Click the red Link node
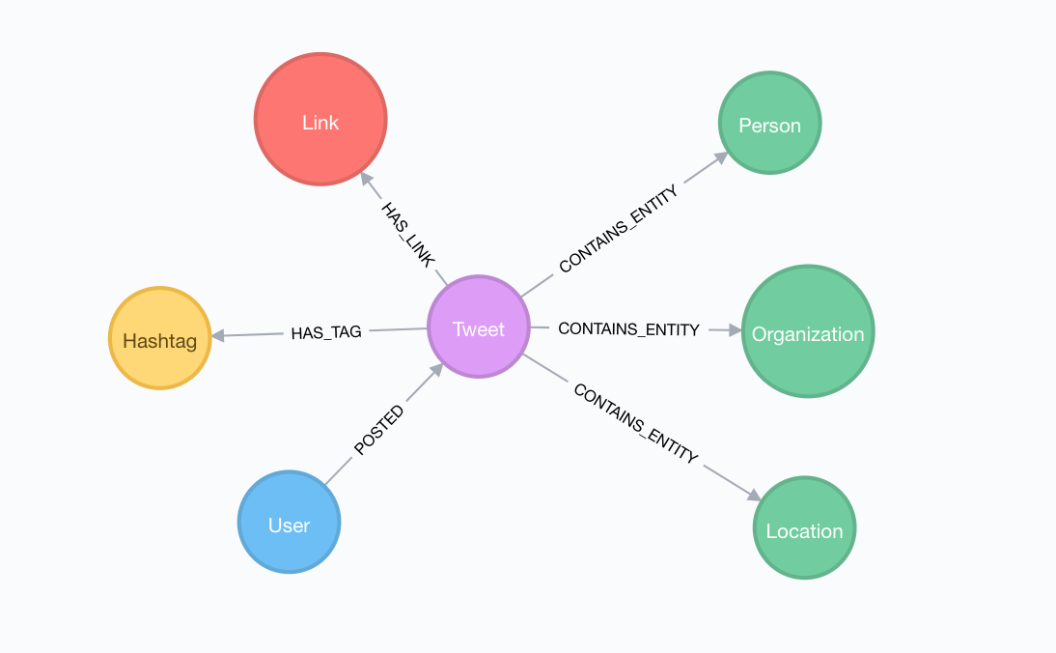pos(320,119)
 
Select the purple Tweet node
pos(479,327)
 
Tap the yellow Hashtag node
pos(159,338)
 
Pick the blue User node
pos(289,523)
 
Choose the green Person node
pos(769,123)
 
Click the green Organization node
pos(808,331)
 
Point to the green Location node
pos(804,527)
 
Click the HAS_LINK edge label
pos(407,234)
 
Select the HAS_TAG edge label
pos(326,332)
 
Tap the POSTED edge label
pos(378,430)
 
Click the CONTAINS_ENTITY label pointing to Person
pos(619,229)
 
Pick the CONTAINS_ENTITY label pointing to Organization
pos(628,329)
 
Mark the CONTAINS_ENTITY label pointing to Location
pos(635,423)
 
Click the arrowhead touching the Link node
pos(366,180)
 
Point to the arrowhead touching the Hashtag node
pos(217,336)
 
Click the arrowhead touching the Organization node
pos(734,330)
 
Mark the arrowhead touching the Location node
pos(754,495)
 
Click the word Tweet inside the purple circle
pos(479,329)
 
